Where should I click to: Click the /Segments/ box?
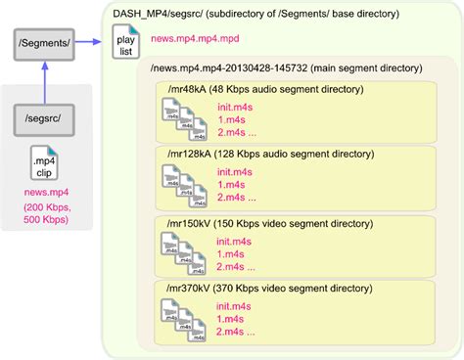point(43,43)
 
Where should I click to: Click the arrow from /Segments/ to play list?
point(90,42)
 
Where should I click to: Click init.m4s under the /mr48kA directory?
point(236,105)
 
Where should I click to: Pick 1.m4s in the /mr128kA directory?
point(231,183)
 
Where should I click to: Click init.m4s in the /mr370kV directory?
point(236,306)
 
